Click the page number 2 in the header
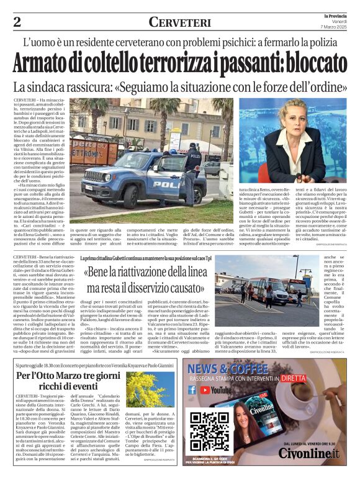[x=17, y=22]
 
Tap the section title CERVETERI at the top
[x=179, y=22]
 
